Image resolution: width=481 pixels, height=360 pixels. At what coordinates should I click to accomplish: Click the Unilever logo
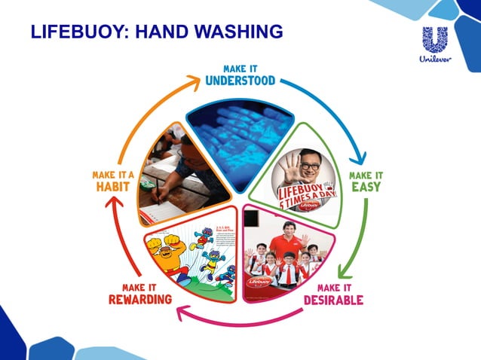(434, 45)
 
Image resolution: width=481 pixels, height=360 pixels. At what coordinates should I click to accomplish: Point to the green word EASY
(366, 187)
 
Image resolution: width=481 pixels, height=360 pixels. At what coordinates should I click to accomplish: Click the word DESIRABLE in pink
(333, 301)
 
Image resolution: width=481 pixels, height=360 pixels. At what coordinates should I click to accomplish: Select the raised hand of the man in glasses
(290, 165)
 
